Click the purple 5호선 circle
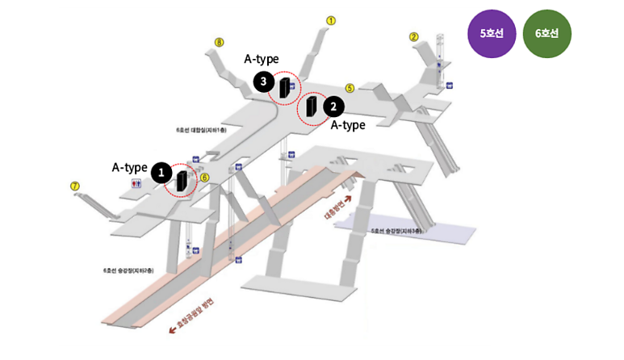pyautogui.click(x=492, y=34)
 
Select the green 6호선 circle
pyautogui.click(x=547, y=34)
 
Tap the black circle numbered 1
pyautogui.click(x=161, y=172)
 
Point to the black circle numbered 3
pyautogui.click(x=262, y=81)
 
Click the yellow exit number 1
pyautogui.click(x=331, y=20)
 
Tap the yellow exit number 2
pyautogui.click(x=414, y=36)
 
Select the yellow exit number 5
pyautogui.click(x=350, y=88)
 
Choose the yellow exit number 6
pyautogui.click(x=204, y=178)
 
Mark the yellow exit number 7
pyautogui.click(x=75, y=186)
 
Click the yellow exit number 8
pyautogui.click(x=219, y=42)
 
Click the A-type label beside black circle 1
pyautogui.click(x=129, y=168)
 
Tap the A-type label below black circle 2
pyautogui.click(x=348, y=125)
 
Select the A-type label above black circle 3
pyautogui.click(x=261, y=59)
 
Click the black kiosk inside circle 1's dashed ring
pyautogui.click(x=182, y=181)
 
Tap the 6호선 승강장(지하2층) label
pyautogui.click(x=127, y=270)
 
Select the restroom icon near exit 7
pyautogui.click(x=136, y=183)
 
